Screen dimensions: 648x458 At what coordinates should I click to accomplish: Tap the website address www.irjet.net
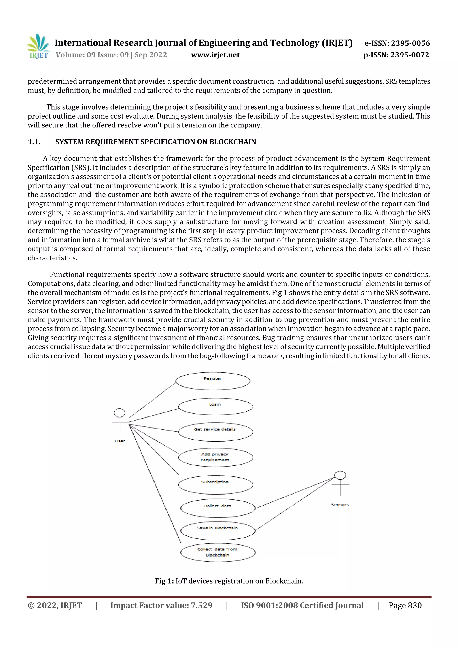point(215,55)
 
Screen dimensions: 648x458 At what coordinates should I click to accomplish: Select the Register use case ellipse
point(213,381)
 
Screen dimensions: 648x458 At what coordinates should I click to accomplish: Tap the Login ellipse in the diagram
point(216,407)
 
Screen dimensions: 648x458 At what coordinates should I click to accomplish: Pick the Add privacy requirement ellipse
point(216,457)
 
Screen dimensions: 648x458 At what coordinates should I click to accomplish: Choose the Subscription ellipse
point(216,484)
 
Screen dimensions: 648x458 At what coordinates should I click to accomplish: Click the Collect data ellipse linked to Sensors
point(218,508)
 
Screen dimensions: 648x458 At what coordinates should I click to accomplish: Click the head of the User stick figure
point(119,413)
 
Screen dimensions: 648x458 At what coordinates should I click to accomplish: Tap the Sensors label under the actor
point(340,505)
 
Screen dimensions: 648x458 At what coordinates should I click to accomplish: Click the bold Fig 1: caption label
point(164,581)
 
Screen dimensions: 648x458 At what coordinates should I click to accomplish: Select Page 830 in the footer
point(405,605)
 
